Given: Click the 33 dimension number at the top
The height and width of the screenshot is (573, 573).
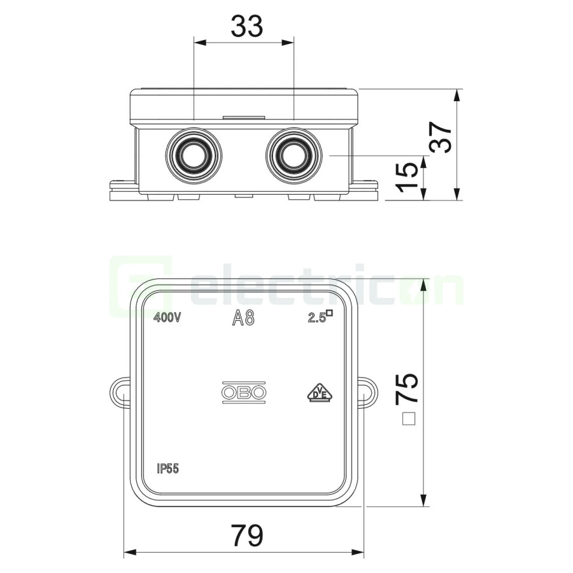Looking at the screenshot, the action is tap(247, 26).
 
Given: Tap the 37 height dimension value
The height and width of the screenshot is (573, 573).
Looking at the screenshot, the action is tap(441, 137).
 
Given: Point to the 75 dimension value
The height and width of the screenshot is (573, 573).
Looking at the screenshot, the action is tap(407, 389).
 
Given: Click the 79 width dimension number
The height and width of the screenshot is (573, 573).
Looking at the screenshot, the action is tap(247, 535).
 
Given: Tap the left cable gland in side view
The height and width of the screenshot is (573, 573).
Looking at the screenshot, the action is tap(194, 155).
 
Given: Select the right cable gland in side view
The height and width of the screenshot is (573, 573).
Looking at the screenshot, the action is tap(294, 155).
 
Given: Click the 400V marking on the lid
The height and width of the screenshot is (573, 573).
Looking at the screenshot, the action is tap(167, 318).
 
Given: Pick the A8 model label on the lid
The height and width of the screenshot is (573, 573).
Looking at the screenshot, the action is tap(243, 318).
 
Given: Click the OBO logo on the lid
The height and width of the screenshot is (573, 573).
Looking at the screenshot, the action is tap(244, 393).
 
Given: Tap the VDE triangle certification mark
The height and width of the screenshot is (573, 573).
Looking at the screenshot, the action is tap(320, 393).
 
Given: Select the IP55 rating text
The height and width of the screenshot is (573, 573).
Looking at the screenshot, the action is tap(167, 469).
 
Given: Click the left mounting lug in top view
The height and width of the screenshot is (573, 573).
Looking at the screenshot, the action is tap(120, 393).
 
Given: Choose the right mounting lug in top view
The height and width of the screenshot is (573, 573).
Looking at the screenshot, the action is tap(368, 393).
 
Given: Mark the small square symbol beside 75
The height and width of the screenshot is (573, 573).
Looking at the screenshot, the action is tap(409, 419).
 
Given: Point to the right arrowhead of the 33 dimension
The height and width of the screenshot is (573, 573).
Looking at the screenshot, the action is tap(288, 43).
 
